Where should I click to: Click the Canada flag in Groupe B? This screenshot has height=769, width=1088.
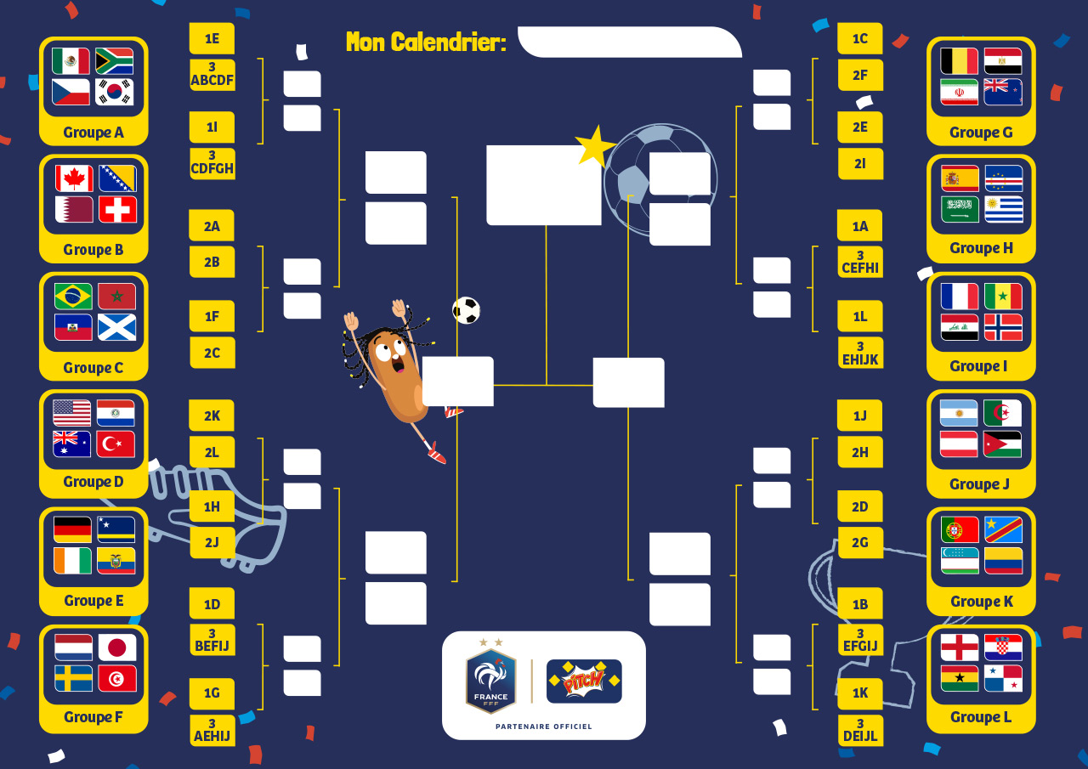[x=74, y=178]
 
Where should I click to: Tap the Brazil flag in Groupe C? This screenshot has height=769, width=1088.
[x=73, y=297]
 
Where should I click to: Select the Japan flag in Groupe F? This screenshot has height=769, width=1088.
[x=117, y=647]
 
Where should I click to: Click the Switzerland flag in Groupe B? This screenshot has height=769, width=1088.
[x=117, y=210]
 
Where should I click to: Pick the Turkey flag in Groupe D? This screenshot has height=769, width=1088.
[x=116, y=444]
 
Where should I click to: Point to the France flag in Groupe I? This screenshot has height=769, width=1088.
[x=960, y=297]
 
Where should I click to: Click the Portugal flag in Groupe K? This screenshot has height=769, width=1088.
[x=960, y=529]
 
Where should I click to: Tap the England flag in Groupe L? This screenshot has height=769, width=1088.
[x=960, y=647]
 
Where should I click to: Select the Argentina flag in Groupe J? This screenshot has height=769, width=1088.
[x=959, y=413]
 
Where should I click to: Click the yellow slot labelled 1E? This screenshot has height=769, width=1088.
[x=212, y=38]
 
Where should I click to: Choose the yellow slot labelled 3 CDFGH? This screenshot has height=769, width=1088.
[x=212, y=164]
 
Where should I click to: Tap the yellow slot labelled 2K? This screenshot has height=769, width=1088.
[x=212, y=416]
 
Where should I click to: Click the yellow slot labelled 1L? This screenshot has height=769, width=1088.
[x=860, y=317]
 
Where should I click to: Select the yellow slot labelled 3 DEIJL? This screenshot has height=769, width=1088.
[x=860, y=730]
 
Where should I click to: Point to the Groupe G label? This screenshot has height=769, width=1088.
[x=981, y=133]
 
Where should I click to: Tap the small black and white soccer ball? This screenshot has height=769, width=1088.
[x=467, y=310]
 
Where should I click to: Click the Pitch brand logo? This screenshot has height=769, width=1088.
[x=584, y=681]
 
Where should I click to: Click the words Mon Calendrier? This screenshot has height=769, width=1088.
[x=427, y=42]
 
